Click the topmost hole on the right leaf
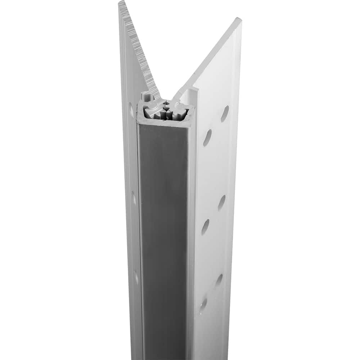(x=225, y=113)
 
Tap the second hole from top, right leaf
(x=207, y=138)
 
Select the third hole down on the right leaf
(x=222, y=203)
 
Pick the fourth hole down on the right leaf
(x=206, y=227)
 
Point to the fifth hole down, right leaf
(x=219, y=281)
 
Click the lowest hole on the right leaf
(x=203, y=304)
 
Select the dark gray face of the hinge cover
(x=164, y=234)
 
